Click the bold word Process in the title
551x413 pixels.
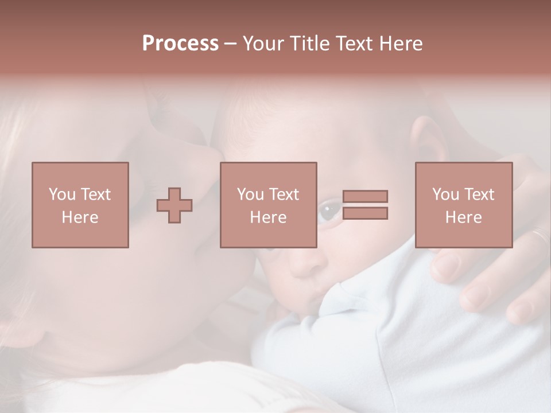click(x=180, y=44)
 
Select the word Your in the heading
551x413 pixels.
click(x=263, y=44)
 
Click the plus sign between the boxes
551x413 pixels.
click(x=174, y=205)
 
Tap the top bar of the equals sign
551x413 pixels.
click(x=365, y=196)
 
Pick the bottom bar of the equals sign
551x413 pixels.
click(x=365, y=213)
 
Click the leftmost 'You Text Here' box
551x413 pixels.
click(x=80, y=205)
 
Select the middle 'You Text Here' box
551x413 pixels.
click(x=268, y=205)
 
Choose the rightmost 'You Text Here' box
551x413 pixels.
click(x=463, y=205)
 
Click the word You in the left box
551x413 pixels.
click(x=62, y=194)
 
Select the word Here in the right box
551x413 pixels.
click(x=463, y=217)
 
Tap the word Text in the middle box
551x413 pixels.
click(x=284, y=194)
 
